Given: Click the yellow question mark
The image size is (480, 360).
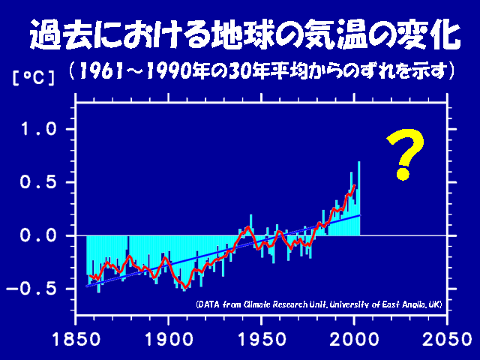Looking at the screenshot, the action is (x=406, y=154).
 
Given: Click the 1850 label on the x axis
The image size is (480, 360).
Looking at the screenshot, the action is (x=76, y=340).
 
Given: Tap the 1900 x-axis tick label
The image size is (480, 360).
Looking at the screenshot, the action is (x=169, y=340).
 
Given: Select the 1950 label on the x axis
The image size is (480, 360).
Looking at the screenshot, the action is (x=262, y=340).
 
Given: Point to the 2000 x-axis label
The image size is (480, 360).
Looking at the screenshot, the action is (x=354, y=340).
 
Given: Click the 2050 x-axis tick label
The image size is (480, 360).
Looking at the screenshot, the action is (x=447, y=340).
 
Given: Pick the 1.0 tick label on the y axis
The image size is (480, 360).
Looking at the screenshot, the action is (x=38, y=129).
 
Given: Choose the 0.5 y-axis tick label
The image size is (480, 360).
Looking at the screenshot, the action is (x=38, y=182).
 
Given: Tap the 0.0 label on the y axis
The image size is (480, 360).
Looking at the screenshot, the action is (x=38, y=235).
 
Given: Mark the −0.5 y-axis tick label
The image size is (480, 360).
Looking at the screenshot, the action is (x=31, y=289).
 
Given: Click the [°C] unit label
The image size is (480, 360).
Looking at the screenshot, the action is (x=34, y=78).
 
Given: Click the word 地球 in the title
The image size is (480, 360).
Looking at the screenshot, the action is (x=243, y=34).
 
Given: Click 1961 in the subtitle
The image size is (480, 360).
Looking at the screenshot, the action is (x=101, y=71).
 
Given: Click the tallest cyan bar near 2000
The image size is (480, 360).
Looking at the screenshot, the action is (x=358, y=198).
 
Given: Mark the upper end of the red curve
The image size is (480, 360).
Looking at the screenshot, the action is (x=355, y=185).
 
